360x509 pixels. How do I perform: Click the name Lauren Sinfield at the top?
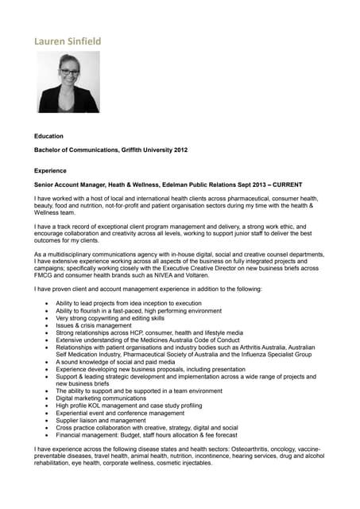(68, 41)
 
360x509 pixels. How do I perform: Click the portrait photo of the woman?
(69, 82)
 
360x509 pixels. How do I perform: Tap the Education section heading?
(48, 136)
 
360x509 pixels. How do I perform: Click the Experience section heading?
(51, 170)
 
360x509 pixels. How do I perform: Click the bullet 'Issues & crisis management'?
(94, 325)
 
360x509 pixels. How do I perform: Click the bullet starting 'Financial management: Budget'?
(146, 436)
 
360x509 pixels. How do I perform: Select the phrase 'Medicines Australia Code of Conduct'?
(174, 340)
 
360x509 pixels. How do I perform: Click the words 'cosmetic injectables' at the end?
(184, 464)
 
